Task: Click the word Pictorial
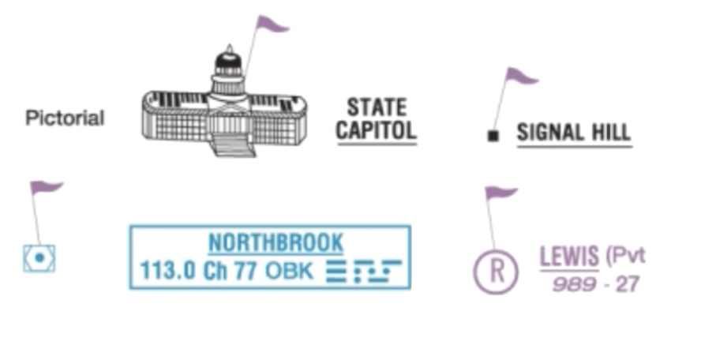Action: point(65,118)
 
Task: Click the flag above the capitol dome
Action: point(272,24)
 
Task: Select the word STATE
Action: point(377,107)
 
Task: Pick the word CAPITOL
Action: point(376,130)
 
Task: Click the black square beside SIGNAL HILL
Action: point(493,136)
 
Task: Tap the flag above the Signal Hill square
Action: point(520,77)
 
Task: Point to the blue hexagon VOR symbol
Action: point(39,258)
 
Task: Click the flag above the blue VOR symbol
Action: point(46,188)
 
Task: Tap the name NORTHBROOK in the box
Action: point(276,242)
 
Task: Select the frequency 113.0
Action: point(167,271)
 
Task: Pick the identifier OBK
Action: point(290,271)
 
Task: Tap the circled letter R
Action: point(496,271)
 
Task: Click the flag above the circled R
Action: point(500,193)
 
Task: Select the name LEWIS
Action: point(568,257)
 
